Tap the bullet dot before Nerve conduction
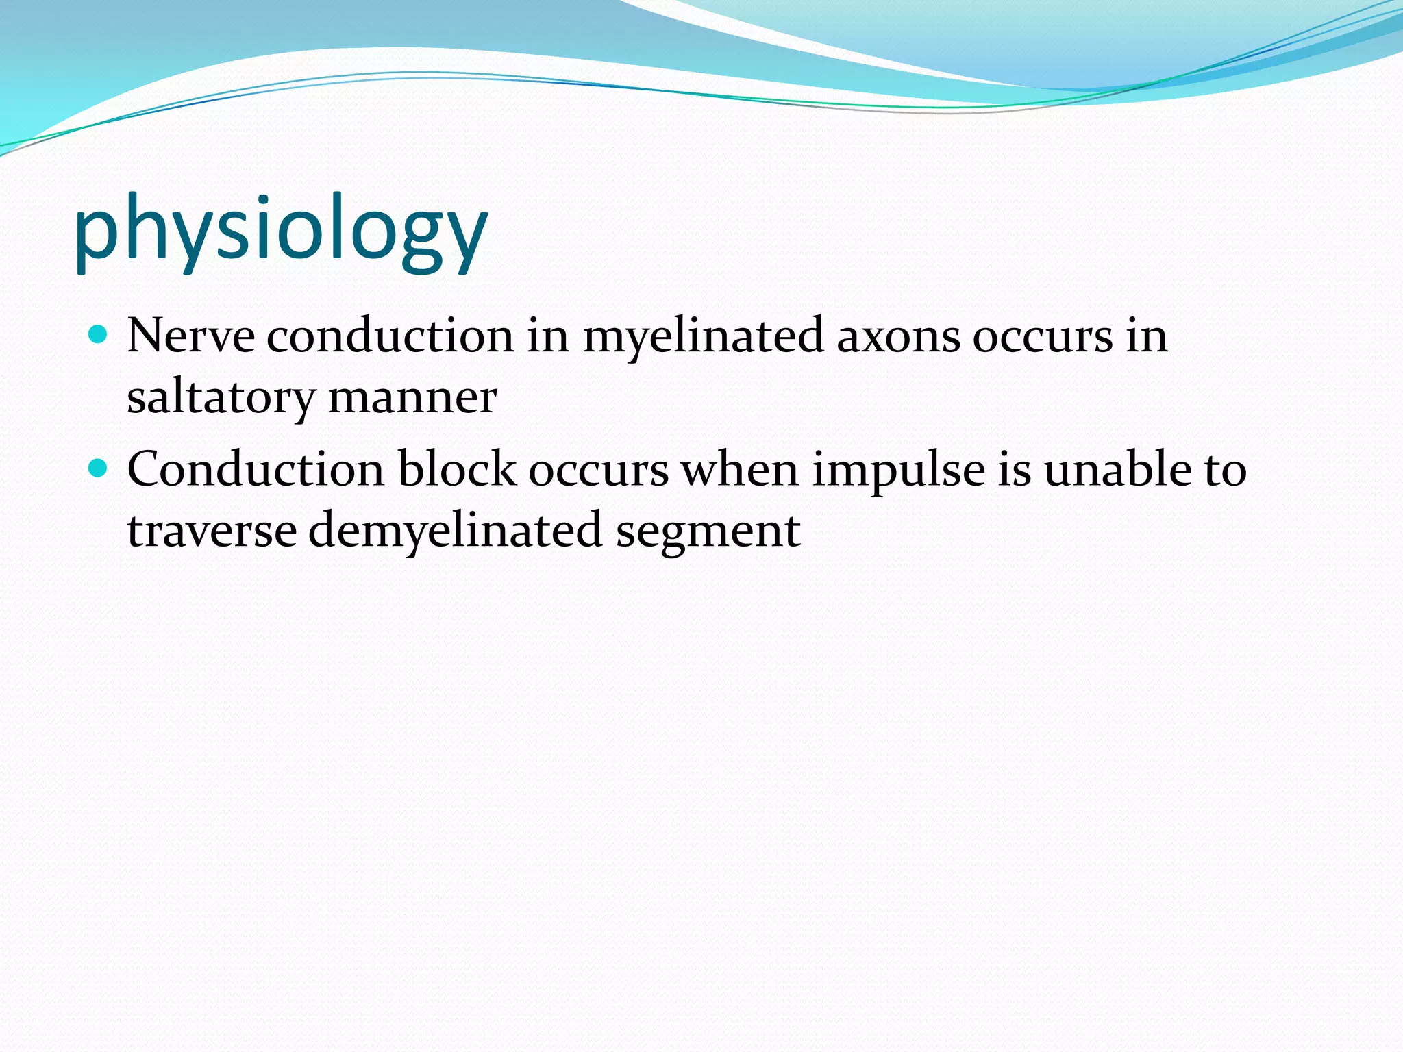99,335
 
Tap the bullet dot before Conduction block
99,468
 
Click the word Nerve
190,336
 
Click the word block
457,470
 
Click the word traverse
212,531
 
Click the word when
740,470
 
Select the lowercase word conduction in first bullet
390,336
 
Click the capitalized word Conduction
256,470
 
